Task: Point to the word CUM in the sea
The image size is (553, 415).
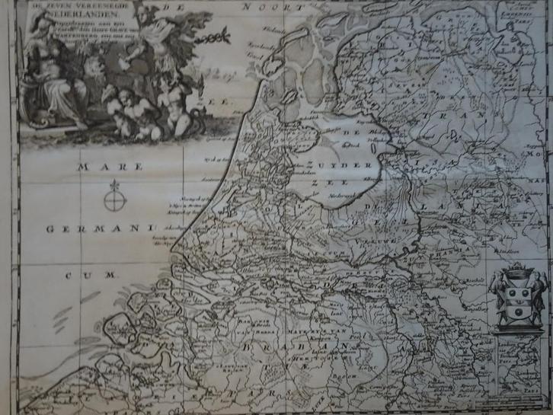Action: click(99, 273)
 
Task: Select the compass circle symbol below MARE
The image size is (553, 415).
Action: click(114, 200)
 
